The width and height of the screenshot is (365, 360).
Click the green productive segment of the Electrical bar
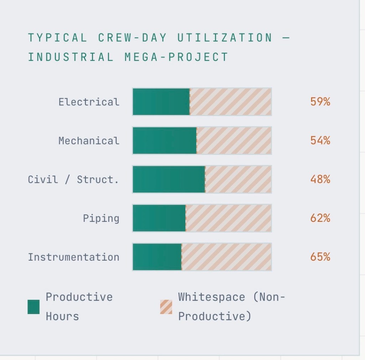[x=161, y=102]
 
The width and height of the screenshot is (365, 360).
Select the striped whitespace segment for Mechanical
[x=234, y=141]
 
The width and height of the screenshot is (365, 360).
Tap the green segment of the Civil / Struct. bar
[x=169, y=179]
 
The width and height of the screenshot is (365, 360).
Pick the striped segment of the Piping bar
[x=228, y=218]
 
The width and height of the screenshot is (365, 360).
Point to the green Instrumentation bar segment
[x=157, y=257]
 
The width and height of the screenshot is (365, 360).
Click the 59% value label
[x=320, y=102]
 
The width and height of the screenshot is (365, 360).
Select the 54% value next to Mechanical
[x=320, y=141]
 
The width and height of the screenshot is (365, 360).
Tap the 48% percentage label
[x=320, y=179]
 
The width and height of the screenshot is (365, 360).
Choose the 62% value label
[x=320, y=218]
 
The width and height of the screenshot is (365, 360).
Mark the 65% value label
[x=320, y=257]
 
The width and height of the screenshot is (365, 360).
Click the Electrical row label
[x=89, y=102]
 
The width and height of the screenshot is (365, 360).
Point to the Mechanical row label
[x=89, y=141]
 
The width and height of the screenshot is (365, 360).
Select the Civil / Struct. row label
[x=73, y=179]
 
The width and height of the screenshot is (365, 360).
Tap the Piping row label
[x=101, y=218]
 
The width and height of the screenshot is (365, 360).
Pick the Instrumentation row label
[x=73, y=257]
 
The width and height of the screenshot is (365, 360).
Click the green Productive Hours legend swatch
[x=34, y=307]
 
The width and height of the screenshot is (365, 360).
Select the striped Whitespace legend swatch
[x=166, y=307]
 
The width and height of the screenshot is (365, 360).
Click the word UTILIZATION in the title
[x=225, y=38]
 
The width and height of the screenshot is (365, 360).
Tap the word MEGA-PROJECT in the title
[x=176, y=57]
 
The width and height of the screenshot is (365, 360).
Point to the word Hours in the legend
[x=62, y=316]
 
